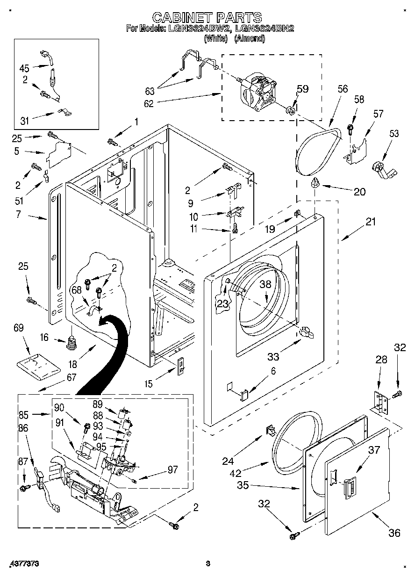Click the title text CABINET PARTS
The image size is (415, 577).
tap(207, 18)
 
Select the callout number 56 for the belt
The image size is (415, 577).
tap(343, 89)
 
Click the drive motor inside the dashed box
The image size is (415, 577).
tap(255, 89)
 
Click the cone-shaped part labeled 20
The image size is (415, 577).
tap(315, 182)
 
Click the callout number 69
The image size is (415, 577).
tap(18, 328)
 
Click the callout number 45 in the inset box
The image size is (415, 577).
tap(24, 68)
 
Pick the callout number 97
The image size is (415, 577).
tap(172, 469)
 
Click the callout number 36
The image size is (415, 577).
tap(394, 532)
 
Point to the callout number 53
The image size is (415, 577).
tap(394, 134)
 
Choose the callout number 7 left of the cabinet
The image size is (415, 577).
tap(18, 216)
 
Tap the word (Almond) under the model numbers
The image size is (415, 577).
tap(249, 39)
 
